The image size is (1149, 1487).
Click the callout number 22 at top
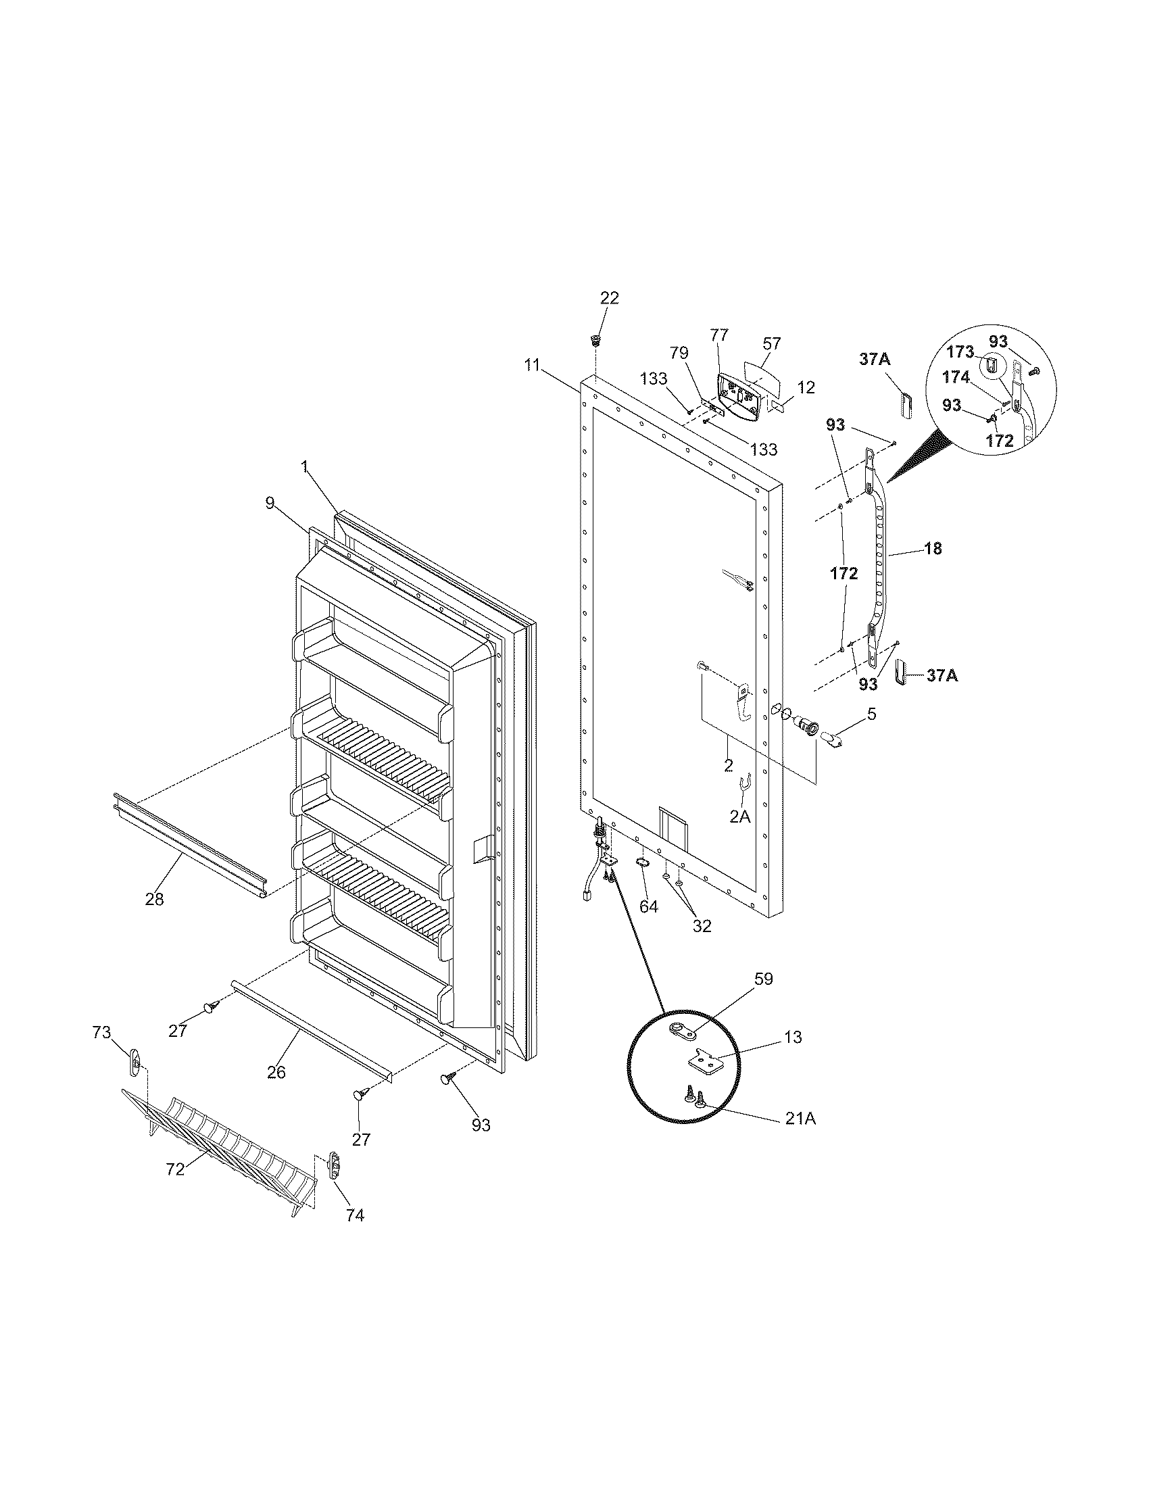click(x=609, y=298)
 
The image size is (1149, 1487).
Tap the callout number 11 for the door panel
click(x=532, y=365)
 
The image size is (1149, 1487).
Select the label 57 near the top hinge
click(x=772, y=343)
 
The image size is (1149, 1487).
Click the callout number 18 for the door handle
click(x=933, y=548)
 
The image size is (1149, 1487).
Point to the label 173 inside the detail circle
click(x=960, y=351)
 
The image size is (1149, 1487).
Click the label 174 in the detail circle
click(x=956, y=376)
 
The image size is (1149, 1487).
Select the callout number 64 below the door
click(x=648, y=906)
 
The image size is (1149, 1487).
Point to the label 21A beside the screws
click(x=800, y=1118)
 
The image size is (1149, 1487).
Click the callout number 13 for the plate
click(x=792, y=1037)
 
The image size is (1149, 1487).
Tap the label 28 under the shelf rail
click(x=155, y=899)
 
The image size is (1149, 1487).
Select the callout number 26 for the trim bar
click(x=276, y=1073)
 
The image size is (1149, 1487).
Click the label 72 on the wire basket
click(x=175, y=1169)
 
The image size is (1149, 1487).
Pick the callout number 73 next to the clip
click(x=101, y=1033)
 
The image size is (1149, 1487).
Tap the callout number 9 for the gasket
click(x=270, y=503)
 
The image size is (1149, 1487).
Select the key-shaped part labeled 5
click(x=832, y=738)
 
